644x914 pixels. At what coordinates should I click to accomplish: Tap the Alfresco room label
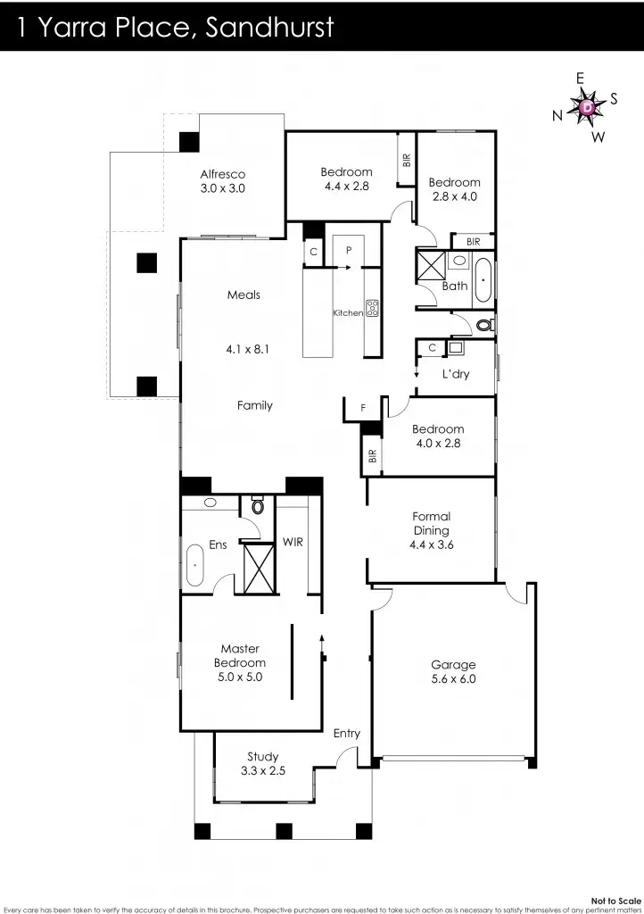[x=222, y=181]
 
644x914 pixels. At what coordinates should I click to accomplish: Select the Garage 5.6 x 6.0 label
[x=453, y=671]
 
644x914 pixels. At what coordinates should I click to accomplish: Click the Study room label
[x=263, y=764]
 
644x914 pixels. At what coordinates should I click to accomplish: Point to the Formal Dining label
[x=432, y=529]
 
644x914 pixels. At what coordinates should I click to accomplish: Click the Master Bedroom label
[x=240, y=662]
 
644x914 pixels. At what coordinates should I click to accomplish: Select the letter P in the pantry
[x=349, y=251]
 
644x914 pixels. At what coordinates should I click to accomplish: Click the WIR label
[x=293, y=542]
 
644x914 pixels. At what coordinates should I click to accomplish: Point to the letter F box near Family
[x=362, y=408]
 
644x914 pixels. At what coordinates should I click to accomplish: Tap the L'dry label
[x=456, y=374]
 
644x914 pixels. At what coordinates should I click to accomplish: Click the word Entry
[x=347, y=734]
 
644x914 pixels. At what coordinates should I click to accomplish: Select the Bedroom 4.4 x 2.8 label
[x=346, y=179]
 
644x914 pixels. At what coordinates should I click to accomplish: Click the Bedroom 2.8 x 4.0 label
[x=454, y=189]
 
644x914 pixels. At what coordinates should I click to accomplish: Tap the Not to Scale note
[x=616, y=901]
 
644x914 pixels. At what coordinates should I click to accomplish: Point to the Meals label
[x=244, y=295]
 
